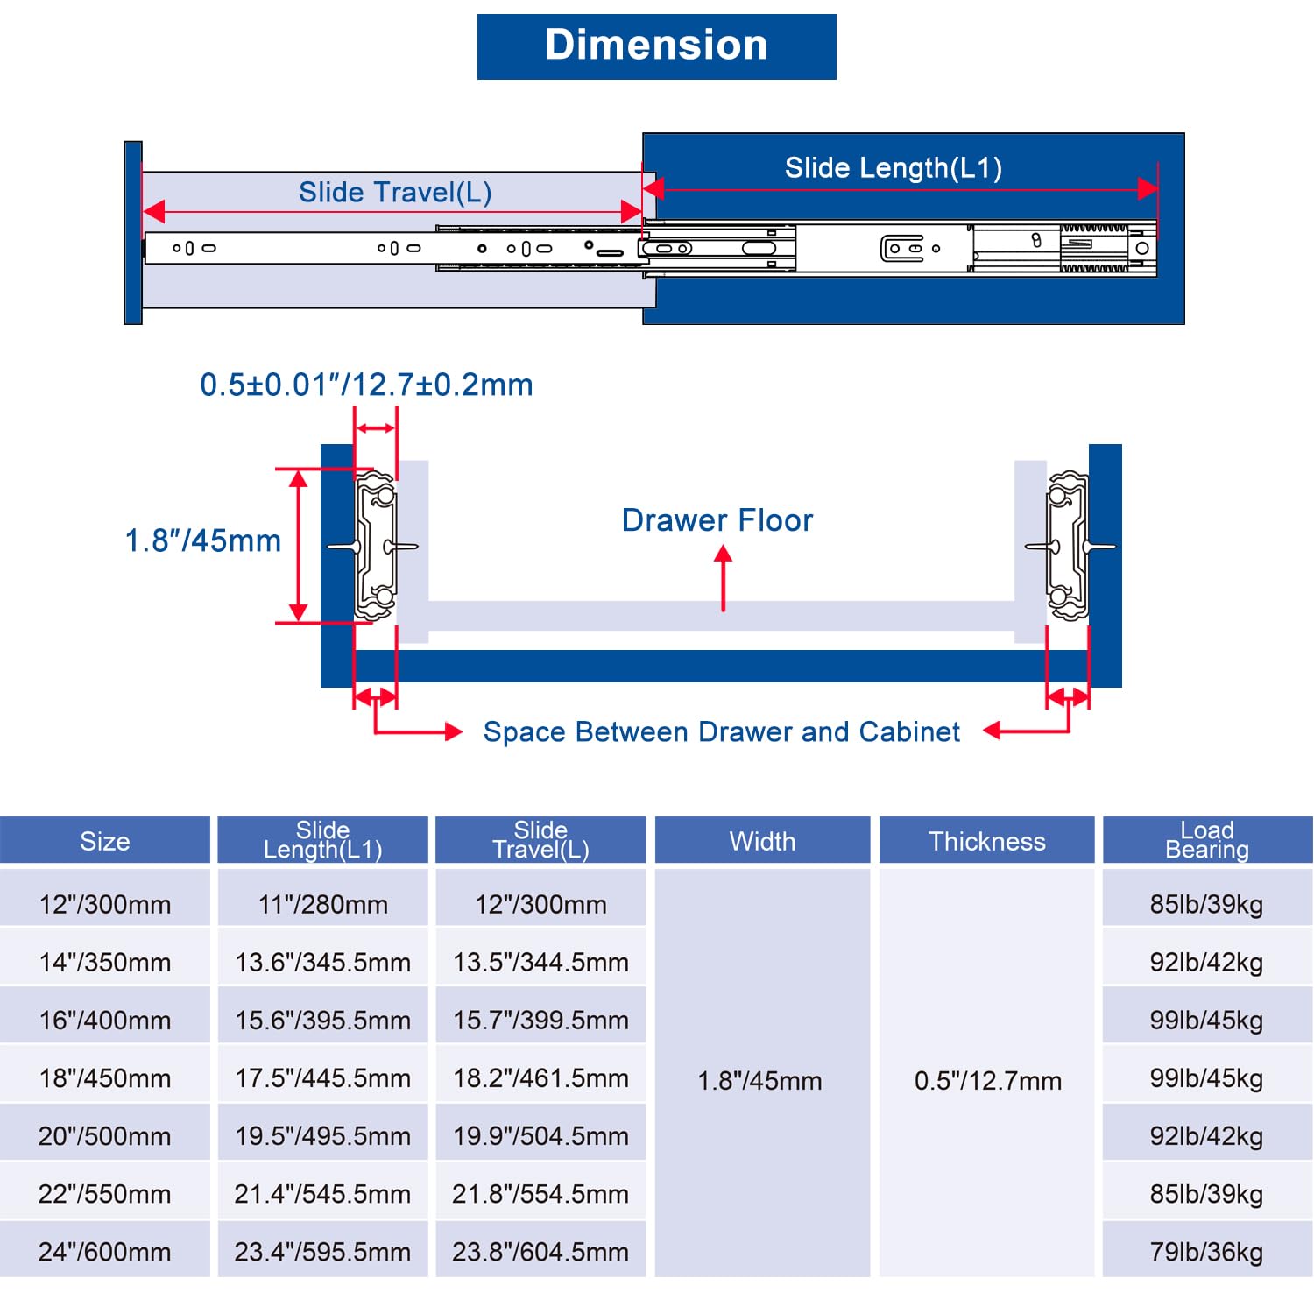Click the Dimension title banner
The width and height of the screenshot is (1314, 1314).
click(x=657, y=46)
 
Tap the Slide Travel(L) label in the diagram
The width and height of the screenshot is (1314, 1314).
click(x=395, y=193)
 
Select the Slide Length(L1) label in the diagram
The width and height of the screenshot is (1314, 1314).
click(x=894, y=167)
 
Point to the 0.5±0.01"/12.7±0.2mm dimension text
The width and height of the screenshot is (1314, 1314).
click(x=366, y=385)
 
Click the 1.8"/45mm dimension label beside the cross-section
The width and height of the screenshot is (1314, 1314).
click(x=203, y=540)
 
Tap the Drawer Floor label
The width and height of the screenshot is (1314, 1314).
click(x=717, y=520)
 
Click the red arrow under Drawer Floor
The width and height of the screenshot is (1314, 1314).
click(x=724, y=578)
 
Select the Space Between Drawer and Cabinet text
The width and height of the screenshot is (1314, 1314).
click(x=722, y=731)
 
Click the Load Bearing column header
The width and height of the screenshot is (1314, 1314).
click(x=1207, y=840)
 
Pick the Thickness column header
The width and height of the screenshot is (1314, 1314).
click(x=987, y=841)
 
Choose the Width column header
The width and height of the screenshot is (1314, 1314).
click(x=763, y=841)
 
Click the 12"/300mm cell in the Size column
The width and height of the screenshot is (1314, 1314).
click(x=105, y=904)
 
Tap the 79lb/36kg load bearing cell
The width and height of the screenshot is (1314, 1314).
click(x=1207, y=1252)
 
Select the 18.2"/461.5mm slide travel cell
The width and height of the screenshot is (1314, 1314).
click(x=540, y=1078)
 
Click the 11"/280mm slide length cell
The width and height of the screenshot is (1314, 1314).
click(x=323, y=904)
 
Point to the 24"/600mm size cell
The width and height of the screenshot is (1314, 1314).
click(x=105, y=1252)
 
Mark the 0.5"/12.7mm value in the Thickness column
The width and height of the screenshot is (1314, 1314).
click(x=988, y=1081)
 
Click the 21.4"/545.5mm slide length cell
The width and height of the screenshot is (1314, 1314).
click(x=323, y=1194)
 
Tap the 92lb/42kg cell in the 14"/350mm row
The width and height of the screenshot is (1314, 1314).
click(x=1207, y=962)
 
